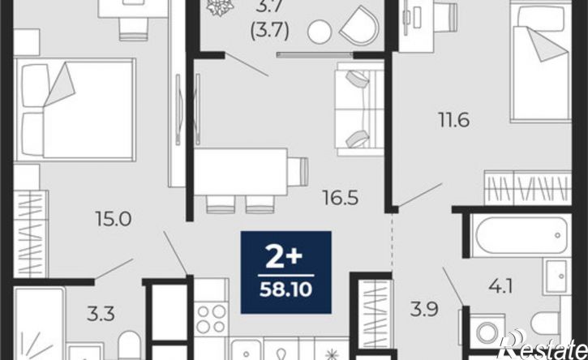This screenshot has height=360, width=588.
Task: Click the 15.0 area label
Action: pyautogui.click(x=114, y=219)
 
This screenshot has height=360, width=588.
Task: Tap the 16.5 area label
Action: pyautogui.click(x=341, y=198)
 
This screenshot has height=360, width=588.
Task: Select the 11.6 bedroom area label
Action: pyautogui.click(x=454, y=120)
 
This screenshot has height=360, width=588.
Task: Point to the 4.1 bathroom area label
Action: pyautogui.click(x=500, y=286)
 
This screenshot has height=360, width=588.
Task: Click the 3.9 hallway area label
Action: pyautogui.click(x=424, y=310)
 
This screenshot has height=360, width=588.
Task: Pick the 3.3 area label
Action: pyautogui.click(x=101, y=314)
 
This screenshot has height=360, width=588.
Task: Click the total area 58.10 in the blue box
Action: pyautogui.click(x=285, y=289)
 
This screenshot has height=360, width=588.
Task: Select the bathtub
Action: pyautogui.click(x=521, y=235)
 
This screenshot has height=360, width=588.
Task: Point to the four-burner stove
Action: pyautogui.click(x=211, y=319)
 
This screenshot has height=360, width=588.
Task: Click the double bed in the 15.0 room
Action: pyautogui.click(x=75, y=109)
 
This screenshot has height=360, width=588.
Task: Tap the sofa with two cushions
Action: pyautogui.click(x=359, y=109)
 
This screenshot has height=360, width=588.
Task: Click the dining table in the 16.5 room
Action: pyautogui.click(x=241, y=172)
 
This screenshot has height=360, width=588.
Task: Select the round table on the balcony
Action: pyautogui.click(x=320, y=32)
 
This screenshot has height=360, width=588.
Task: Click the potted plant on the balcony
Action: pyautogui.click(x=221, y=6)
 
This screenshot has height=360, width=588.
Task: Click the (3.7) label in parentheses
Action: pyautogui.click(x=270, y=32)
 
